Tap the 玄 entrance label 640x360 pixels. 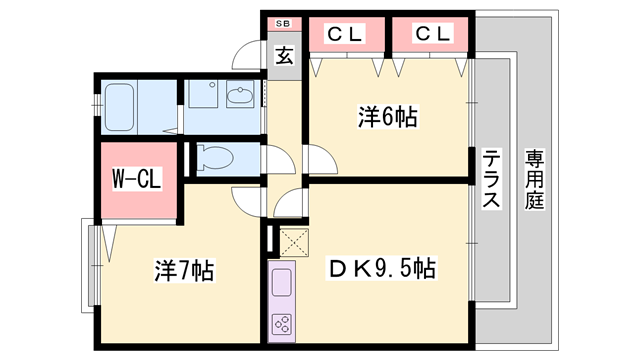(x=284, y=56)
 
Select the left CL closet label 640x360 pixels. (x=346, y=34)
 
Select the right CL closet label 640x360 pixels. (x=432, y=34)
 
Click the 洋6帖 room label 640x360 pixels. (x=387, y=117)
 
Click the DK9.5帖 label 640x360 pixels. (x=382, y=268)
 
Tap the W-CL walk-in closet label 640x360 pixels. (x=137, y=181)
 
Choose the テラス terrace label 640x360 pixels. (x=492, y=180)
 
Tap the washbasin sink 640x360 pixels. (x=241, y=97)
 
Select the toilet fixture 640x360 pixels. (x=213, y=156)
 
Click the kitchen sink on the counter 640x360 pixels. (x=282, y=279)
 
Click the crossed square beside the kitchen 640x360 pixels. (x=295, y=240)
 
